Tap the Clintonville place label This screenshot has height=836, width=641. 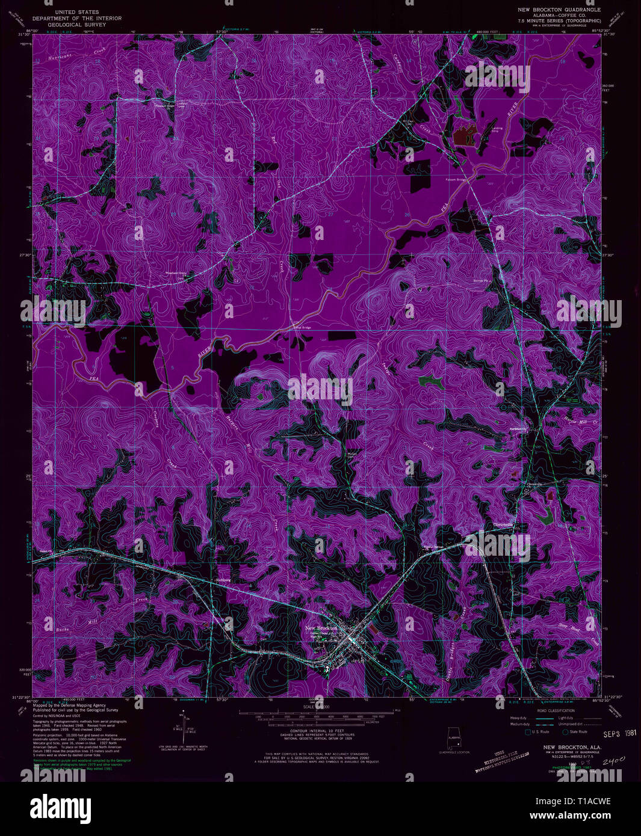503,524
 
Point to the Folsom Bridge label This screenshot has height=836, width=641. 456,179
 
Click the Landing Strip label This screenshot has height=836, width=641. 497,129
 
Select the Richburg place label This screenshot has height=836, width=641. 223,580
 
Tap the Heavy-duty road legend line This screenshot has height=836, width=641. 533,718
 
